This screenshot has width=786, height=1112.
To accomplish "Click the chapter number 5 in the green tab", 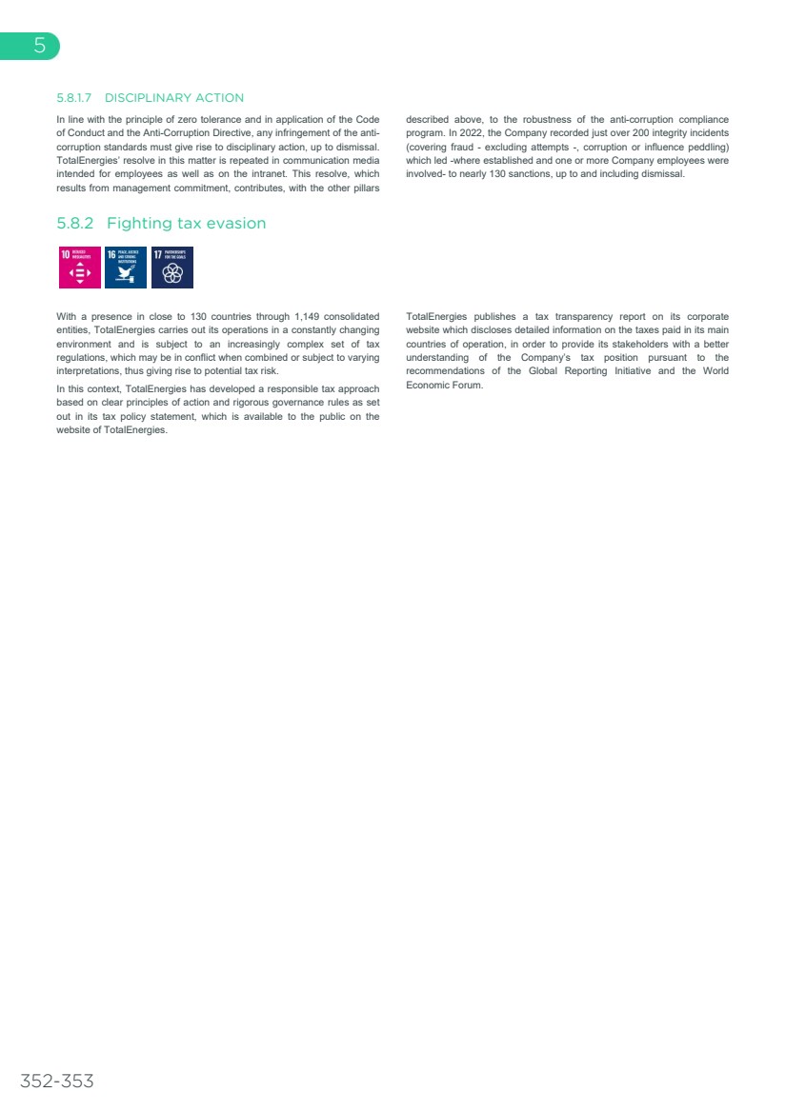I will pyautogui.click(x=39, y=46).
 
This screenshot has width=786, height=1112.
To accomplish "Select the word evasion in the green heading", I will pyautogui.click(x=232, y=224).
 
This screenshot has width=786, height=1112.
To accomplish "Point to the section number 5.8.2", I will pyautogui.click(x=77, y=224).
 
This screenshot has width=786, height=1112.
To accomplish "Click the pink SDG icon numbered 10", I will pyautogui.click(x=79, y=268).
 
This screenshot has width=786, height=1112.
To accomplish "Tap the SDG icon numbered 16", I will pyautogui.click(x=126, y=268).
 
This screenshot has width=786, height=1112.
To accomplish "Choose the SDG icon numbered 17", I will pyautogui.click(x=172, y=268).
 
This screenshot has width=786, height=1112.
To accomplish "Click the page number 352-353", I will pyautogui.click(x=57, y=1081).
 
